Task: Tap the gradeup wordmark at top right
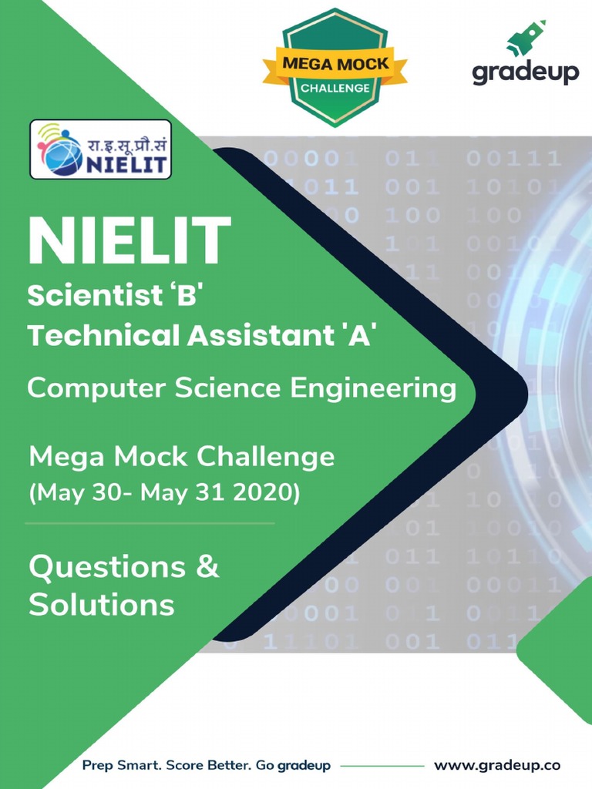(x=525, y=74)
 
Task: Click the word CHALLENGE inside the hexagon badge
(x=335, y=88)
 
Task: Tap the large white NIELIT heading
(x=129, y=240)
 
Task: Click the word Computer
(x=96, y=388)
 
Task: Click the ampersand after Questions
(x=208, y=567)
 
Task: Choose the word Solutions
(x=102, y=605)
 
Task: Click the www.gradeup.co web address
(x=497, y=766)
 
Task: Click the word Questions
(x=107, y=568)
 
